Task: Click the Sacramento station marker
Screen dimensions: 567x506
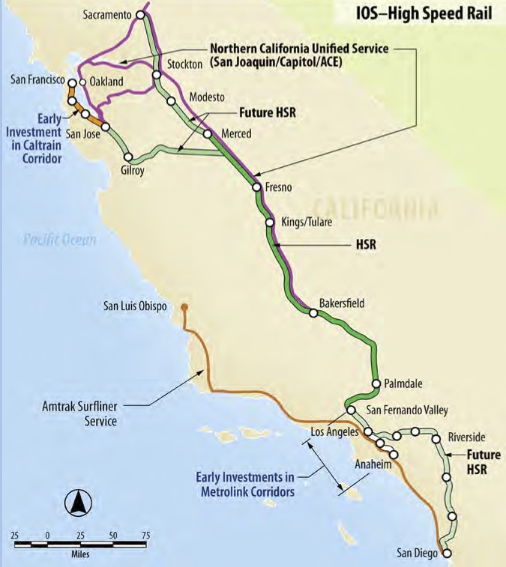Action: pos(139,14)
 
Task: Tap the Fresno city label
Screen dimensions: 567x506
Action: pos(278,187)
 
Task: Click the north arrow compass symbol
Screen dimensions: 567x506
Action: pos(76,503)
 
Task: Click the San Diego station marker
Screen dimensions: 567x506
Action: pos(446,554)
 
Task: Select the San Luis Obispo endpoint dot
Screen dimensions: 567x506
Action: pos(184,306)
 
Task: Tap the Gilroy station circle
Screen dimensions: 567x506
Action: pos(129,157)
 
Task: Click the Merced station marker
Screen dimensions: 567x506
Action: pos(208,134)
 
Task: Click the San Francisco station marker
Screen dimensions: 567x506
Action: pos(72,84)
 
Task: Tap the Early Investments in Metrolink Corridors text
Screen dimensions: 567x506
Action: pos(244,483)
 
